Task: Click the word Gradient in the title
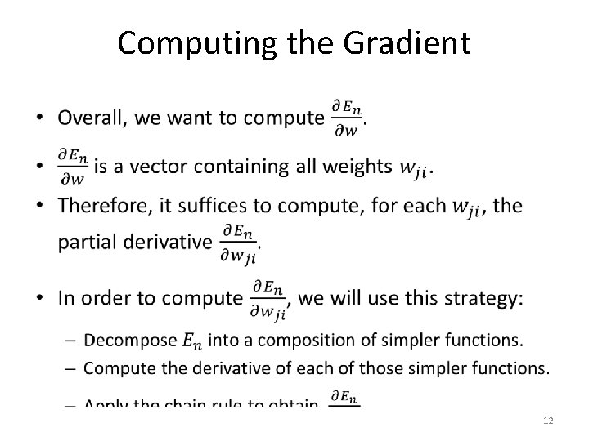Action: click(409, 43)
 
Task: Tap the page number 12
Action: click(548, 419)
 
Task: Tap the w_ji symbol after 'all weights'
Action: click(413, 168)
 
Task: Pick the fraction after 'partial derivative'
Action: click(238, 241)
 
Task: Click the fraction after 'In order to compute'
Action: click(268, 298)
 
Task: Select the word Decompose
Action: click(128, 339)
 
